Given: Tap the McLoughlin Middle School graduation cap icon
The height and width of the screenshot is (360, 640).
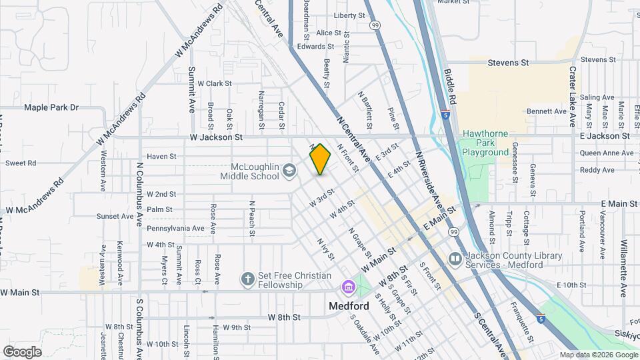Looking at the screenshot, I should (x=289, y=171).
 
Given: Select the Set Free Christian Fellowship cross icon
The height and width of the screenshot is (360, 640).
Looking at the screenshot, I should (x=247, y=279).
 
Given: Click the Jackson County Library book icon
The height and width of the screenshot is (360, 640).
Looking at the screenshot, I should (x=455, y=258).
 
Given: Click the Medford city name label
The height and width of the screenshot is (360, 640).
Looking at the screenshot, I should (x=349, y=306).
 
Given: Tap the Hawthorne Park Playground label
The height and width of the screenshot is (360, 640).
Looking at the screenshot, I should (x=485, y=143).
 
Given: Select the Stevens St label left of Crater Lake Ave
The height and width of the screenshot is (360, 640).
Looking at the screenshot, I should (x=508, y=63).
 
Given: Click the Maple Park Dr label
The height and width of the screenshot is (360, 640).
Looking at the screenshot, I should (x=51, y=107).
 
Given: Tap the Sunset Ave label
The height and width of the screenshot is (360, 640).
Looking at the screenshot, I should (x=115, y=216).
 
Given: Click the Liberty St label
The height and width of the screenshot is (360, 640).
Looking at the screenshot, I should (x=350, y=15).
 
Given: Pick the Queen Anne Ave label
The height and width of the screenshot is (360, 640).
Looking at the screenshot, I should (x=607, y=153).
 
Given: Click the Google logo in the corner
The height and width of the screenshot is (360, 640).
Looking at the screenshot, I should (x=23, y=351).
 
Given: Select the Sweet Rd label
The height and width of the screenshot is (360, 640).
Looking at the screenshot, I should (x=20, y=163).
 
